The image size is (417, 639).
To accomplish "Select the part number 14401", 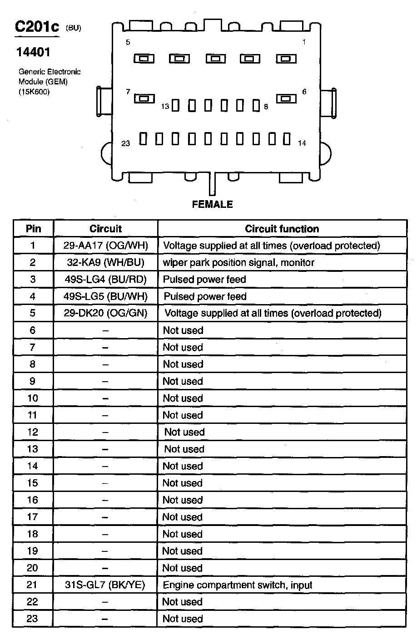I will (33, 53).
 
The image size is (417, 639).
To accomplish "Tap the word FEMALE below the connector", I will (212, 205).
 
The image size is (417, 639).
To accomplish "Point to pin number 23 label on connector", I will (126, 143).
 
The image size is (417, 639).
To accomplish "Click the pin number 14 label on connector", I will (302, 143).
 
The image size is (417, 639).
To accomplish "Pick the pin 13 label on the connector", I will (165, 107).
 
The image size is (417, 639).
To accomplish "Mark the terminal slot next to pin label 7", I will (144, 98).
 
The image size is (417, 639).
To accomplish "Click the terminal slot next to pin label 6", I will (286, 98).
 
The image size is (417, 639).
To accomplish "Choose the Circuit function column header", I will (282, 229).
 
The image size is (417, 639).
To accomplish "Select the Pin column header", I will (33, 229).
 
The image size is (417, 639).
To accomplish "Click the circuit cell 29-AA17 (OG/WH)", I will (105, 246).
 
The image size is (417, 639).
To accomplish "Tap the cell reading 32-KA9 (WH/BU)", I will (105, 263).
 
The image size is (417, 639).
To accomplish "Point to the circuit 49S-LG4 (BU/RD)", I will (105, 280).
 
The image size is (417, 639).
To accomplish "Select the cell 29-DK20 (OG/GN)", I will (105, 313).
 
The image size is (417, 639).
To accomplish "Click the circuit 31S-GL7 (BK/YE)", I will (105, 585).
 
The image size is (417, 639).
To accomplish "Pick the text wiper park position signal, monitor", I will (238, 263).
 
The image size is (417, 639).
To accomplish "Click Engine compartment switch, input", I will (238, 585).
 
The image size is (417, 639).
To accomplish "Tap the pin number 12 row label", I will (33, 432).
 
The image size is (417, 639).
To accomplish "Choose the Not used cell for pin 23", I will (183, 619).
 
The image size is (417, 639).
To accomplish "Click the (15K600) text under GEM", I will (34, 92).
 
